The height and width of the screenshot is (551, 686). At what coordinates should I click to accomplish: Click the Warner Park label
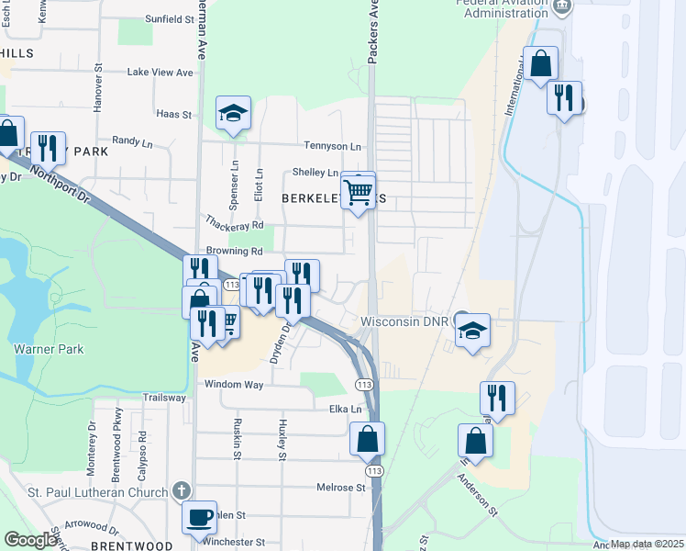coord(49,349)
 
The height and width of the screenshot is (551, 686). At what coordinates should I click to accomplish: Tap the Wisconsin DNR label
coord(406,322)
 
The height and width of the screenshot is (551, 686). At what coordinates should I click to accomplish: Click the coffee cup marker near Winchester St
coord(199,518)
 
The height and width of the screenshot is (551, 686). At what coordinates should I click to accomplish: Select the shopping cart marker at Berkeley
coord(358,191)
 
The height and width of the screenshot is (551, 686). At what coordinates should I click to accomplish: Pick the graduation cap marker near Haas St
coord(233,114)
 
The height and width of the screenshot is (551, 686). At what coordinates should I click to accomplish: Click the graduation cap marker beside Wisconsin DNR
coord(472,331)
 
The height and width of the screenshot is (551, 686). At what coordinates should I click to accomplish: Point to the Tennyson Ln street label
coord(332,146)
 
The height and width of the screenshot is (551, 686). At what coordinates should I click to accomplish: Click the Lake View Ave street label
coord(160,72)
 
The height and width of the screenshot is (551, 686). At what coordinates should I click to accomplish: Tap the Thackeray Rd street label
coord(235,224)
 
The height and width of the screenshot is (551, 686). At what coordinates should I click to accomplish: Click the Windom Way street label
coord(234,384)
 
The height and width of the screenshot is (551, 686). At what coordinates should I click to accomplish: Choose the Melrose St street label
coord(341,488)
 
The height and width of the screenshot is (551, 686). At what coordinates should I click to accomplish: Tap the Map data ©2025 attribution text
coord(646,544)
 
